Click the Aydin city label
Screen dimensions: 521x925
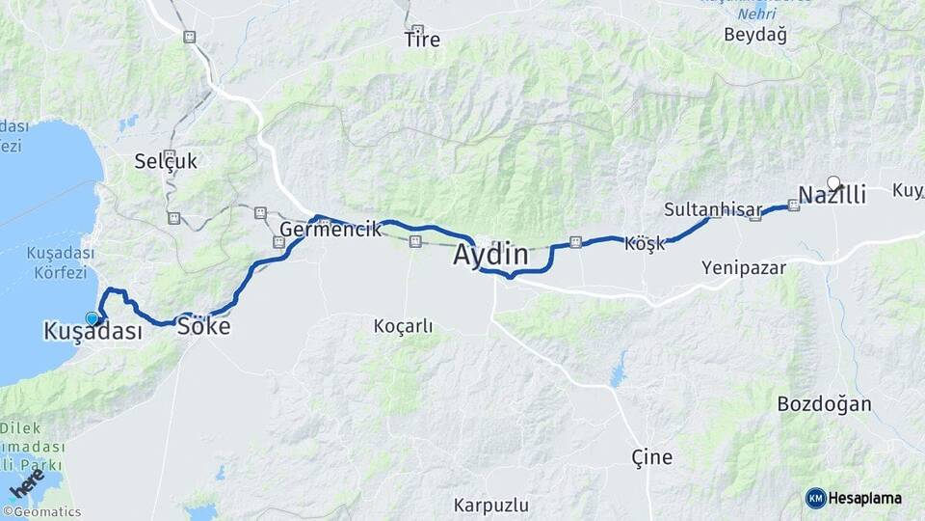coord(490,256)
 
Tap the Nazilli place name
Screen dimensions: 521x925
coord(832,195)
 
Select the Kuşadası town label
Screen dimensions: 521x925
coord(92,331)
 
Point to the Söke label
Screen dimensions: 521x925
coord(204,326)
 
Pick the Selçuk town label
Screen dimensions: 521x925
coord(166,161)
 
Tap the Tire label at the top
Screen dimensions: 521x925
coord(422,41)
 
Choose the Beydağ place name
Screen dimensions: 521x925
coord(755,36)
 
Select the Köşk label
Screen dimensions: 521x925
coord(645,243)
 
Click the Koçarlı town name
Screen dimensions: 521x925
coord(403,326)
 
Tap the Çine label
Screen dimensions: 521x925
coord(651,456)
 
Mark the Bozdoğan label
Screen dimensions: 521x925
coord(824,404)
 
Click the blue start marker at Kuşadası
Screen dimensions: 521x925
coord(92,318)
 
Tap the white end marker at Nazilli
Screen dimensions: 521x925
coord(833,181)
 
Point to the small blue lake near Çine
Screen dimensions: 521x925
coord(618,370)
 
